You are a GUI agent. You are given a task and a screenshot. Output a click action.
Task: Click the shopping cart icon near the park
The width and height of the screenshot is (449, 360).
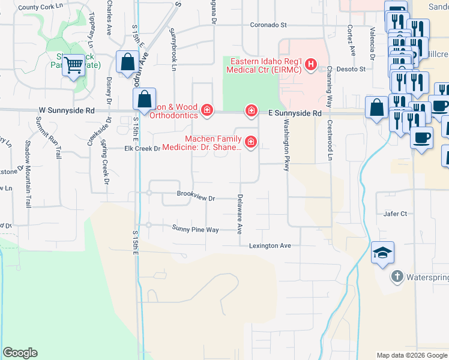[x=73, y=65]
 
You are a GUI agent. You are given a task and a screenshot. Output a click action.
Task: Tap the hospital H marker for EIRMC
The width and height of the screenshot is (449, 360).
[x=310, y=64]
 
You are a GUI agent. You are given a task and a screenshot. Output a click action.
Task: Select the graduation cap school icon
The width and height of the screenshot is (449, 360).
[x=382, y=254]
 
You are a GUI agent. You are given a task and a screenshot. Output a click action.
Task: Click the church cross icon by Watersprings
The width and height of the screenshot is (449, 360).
[x=396, y=277]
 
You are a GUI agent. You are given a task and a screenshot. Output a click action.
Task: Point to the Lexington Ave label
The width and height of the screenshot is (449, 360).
[x=270, y=245]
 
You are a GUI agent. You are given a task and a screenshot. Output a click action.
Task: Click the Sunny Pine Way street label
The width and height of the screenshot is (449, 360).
[x=195, y=229]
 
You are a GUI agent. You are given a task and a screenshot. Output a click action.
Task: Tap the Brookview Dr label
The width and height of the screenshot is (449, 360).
[x=196, y=194]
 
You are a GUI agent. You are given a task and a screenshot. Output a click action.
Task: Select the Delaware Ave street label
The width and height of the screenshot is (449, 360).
[x=240, y=214]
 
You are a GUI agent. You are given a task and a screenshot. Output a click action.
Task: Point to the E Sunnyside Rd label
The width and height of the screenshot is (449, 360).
[x=295, y=113]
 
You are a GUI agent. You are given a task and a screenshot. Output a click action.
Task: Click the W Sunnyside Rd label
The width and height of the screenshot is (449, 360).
[x=67, y=110]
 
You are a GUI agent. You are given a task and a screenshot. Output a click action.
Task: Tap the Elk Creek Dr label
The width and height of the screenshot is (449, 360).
[x=142, y=148]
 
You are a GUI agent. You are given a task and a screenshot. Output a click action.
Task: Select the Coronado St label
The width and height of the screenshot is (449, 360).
[x=269, y=26]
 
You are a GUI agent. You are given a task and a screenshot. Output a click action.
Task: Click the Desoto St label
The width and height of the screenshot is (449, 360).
[x=354, y=69]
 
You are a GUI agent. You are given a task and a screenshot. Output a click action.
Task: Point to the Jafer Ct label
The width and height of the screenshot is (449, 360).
[x=395, y=214]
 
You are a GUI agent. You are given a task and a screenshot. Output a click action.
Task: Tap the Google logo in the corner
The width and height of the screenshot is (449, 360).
[x=20, y=353]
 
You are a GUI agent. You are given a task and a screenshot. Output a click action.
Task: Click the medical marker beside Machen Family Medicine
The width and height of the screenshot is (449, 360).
[x=250, y=142]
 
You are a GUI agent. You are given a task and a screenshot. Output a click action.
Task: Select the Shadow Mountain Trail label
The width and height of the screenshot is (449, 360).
[x=28, y=175]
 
